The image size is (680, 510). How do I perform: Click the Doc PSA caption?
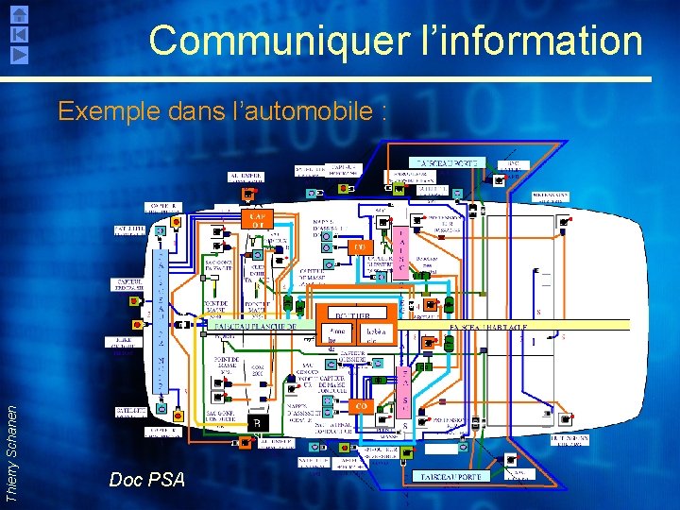point(146,480)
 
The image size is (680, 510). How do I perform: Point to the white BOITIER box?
point(361,314)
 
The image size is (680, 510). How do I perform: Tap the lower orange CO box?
point(360,404)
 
